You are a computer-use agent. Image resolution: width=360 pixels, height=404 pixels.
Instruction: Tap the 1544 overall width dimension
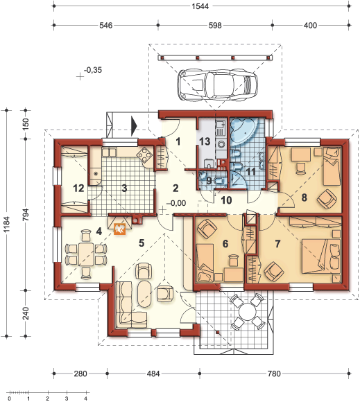click(x=200, y=6)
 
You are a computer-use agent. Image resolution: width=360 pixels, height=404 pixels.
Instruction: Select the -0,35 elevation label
click(x=93, y=70)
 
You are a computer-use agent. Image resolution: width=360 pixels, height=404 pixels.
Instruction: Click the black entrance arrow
click(x=134, y=126)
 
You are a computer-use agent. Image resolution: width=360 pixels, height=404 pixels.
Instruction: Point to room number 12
click(x=78, y=188)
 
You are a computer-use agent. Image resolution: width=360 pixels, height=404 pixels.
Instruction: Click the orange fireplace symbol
click(x=120, y=229)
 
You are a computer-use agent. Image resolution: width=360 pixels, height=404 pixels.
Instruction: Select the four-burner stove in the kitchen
click(x=144, y=154)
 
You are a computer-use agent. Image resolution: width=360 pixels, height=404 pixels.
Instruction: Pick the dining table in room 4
click(x=87, y=254)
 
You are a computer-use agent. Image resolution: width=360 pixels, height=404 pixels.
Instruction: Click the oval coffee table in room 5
click(x=144, y=293)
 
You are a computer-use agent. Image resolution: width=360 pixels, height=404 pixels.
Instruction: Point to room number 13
click(x=205, y=141)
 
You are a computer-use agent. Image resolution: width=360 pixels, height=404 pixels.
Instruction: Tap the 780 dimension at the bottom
click(x=274, y=374)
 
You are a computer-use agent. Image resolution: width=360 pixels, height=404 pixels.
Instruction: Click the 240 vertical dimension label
click(x=26, y=313)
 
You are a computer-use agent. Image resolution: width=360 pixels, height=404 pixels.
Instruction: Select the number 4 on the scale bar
click(x=86, y=398)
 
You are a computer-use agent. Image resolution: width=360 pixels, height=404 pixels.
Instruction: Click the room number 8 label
click(x=305, y=197)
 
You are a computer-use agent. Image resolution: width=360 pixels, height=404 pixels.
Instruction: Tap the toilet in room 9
click(x=220, y=181)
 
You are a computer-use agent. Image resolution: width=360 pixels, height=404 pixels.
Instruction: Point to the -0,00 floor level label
click(x=176, y=203)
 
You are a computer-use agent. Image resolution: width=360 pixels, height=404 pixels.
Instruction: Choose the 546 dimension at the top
click(x=106, y=25)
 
